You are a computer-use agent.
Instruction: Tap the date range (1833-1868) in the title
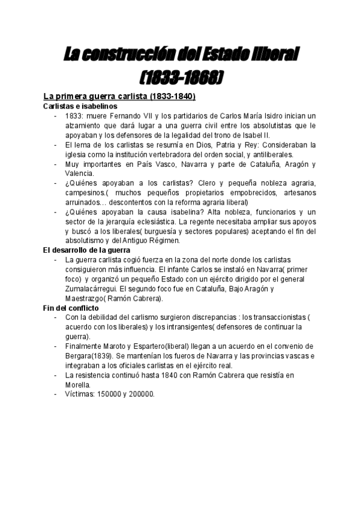(x=181, y=78)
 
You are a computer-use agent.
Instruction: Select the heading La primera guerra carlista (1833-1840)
(x=119, y=97)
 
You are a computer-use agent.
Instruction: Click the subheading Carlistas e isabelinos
(x=76, y=106)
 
